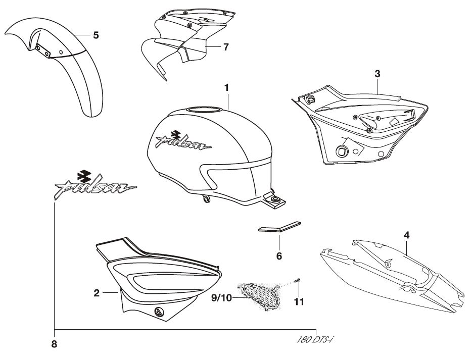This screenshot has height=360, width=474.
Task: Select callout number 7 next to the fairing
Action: coord(225,47)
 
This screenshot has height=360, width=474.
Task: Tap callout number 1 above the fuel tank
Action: coord(227,87)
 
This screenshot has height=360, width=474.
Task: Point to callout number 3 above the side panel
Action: coord(377,74)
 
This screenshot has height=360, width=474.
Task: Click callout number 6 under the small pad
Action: coord(278,255)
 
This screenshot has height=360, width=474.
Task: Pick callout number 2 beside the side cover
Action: coord(96,292)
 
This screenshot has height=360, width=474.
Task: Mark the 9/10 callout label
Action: coord(222,297)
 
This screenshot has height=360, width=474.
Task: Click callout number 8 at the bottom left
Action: coord(54,344)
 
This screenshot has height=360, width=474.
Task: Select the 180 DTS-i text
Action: coord(315,339)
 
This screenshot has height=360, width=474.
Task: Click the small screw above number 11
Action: coord(298,280)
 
